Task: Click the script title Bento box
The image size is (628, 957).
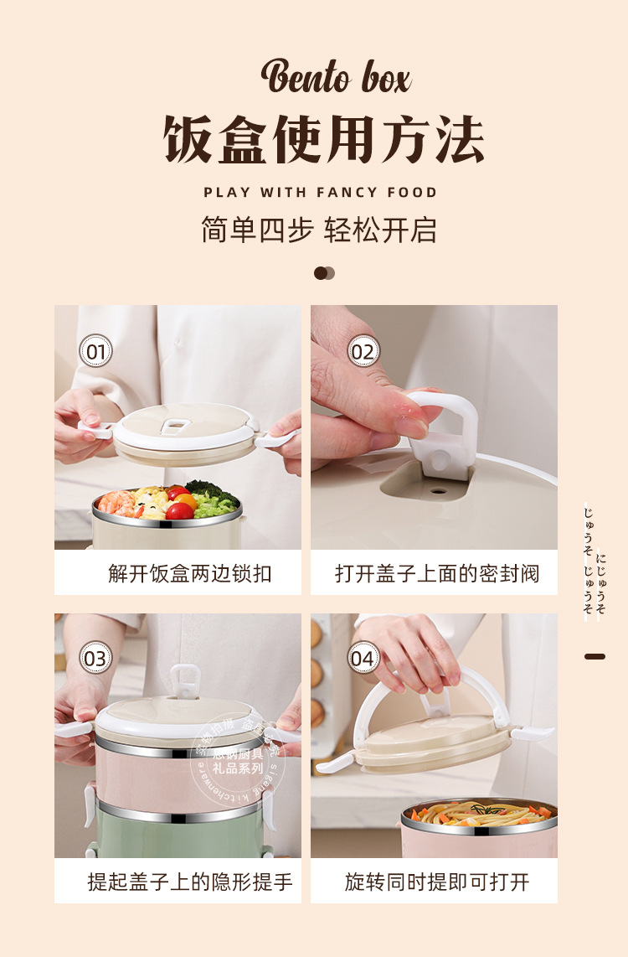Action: (336, 77)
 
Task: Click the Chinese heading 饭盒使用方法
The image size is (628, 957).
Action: (324, 140)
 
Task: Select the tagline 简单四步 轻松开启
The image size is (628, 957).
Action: (319, 230)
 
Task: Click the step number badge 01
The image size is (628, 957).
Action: (95, 351)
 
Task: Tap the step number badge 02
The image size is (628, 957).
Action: (363, 351)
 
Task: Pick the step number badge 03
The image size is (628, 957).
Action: (95, 658)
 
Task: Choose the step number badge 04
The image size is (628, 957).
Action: (363, 659)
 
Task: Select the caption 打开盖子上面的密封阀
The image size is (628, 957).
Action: (437, 574)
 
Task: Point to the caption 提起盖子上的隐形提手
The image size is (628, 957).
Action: (190, 882)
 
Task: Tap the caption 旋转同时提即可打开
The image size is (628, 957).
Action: (437, 882)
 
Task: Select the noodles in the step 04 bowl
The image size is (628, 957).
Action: (477, 812)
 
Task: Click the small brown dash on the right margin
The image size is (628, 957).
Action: (595, 656)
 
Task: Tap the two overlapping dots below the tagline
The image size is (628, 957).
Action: (324, 273)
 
